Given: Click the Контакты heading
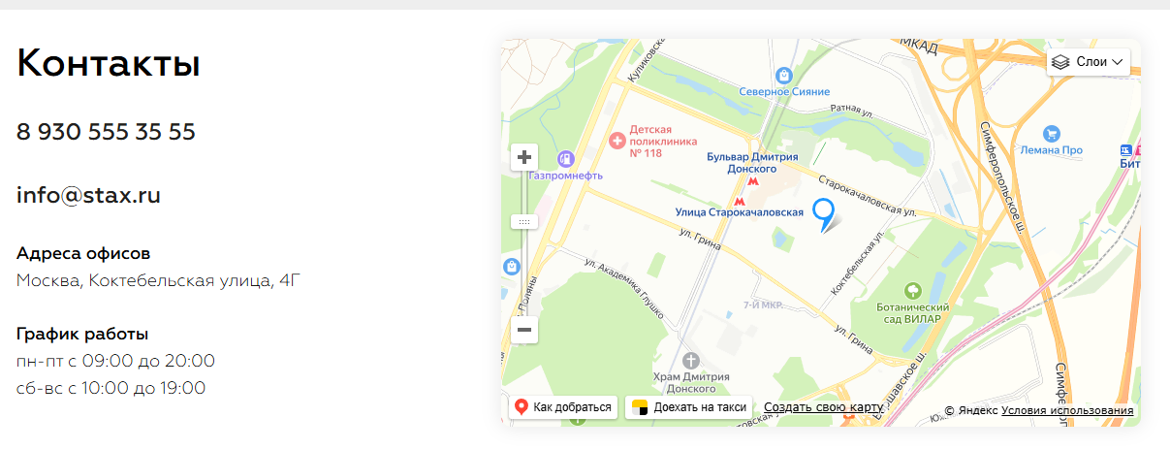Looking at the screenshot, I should (x=109, y=64).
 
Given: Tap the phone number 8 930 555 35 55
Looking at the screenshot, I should (x=106, y=132).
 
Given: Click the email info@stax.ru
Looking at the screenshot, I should (x=88, y=195).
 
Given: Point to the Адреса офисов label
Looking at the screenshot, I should (x=83, y=254).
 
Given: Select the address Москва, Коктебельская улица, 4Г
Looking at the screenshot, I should (x=159, y=281).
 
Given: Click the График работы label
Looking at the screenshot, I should (x=82, y=335).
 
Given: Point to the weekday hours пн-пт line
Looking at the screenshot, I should (x=115, y=362).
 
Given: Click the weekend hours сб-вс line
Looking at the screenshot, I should (x=111, y=388).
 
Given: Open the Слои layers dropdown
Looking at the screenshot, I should (x=1089, y=62).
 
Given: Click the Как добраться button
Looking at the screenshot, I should (x=563, y=407).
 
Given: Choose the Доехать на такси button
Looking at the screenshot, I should (x=689, y=407).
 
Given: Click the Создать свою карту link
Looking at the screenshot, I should (x=823, y=407).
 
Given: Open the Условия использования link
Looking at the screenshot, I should (x=1067, y=410).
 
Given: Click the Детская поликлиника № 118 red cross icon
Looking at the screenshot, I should (x=617, y=142).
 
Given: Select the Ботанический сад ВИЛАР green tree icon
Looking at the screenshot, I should (x=911, y=290).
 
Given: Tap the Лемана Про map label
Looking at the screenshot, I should (x=1050, y=150).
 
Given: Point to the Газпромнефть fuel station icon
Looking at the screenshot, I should (x=565, y=158).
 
